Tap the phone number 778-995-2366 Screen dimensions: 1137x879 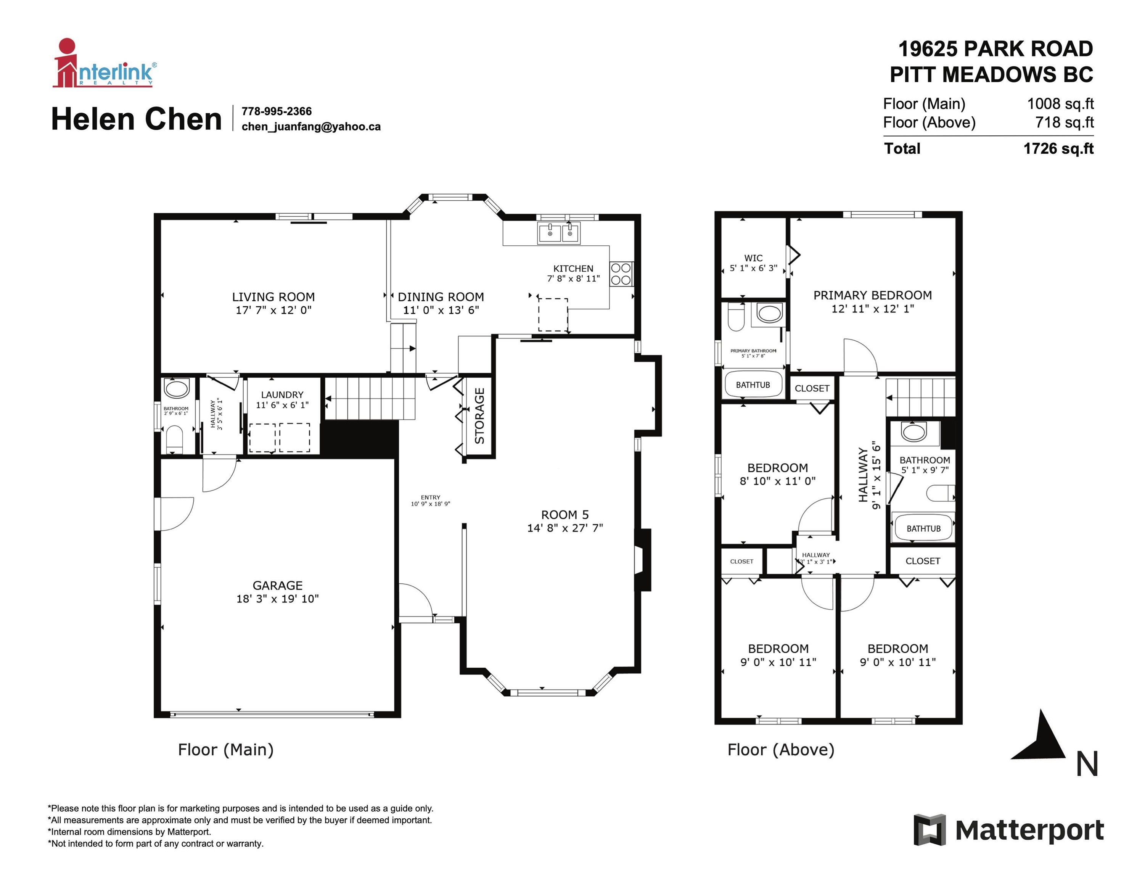point(277,111)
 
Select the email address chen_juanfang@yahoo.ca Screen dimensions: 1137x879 point(311,127)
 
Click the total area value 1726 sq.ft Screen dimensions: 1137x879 point(1058,149)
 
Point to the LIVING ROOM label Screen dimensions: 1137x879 point(273,297)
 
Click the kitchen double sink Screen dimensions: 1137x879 point(559,233)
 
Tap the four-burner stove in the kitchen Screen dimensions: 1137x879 point(621,274)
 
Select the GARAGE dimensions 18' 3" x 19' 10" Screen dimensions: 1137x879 point(278,599)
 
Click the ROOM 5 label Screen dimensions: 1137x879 point(565,515)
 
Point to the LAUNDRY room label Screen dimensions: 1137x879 point(282,395)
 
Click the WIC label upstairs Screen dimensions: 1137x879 point(753,258)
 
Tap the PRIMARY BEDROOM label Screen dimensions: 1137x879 point(873,295)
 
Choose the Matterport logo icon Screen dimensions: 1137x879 point(930,830)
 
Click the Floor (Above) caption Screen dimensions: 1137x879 point(781,750)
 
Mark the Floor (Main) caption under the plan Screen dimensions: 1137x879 point(226,750)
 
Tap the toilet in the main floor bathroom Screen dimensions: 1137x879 point(174,439)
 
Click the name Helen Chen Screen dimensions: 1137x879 point(137,119)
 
